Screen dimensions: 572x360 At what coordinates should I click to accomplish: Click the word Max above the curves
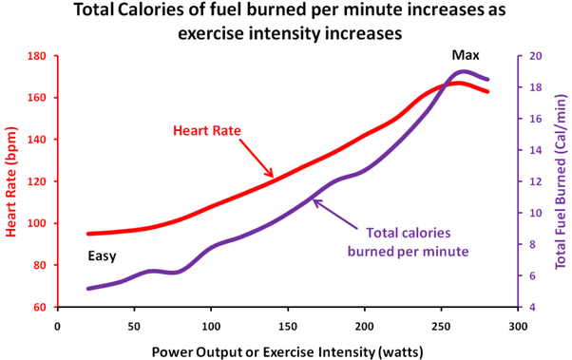[466, 55]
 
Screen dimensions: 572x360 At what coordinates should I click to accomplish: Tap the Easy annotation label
[102, 256]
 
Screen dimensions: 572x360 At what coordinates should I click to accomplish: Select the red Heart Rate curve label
[207, 130]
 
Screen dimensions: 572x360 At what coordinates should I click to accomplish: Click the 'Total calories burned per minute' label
[409, 242]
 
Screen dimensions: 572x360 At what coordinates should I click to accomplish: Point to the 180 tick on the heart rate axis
[37, 56]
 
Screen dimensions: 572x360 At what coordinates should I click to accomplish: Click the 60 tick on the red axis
[40, 307]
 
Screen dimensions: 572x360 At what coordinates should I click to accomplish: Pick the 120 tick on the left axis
[37, 181]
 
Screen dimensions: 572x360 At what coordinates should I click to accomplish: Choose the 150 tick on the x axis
[288, 326]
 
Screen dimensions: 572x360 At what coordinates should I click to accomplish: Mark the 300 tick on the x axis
[518, 326]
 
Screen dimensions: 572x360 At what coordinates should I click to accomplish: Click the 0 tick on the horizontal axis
[58, 326]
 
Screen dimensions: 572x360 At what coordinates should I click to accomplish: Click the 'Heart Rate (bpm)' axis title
[11, 181]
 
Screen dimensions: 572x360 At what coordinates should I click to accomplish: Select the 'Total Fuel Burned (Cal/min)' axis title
[562, 181]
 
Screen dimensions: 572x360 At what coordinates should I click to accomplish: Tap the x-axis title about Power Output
[288, 352]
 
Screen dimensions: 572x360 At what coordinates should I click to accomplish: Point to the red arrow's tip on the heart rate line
[273, 177]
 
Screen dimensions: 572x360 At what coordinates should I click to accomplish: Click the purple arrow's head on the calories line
[315, 199]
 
